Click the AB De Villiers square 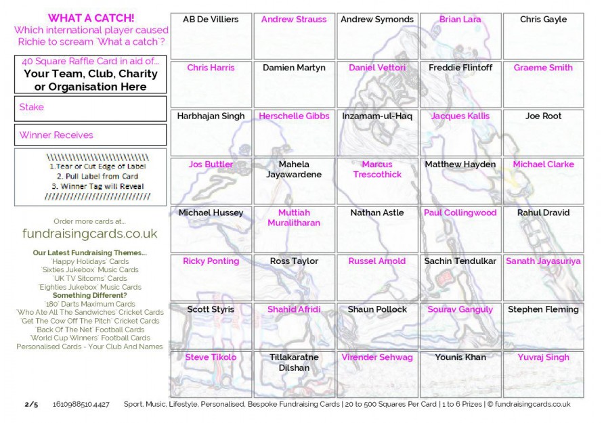tap(211, 36)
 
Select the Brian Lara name tap(460, 20)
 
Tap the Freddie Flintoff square tap(460, 84)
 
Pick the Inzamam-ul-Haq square tap(376, 133)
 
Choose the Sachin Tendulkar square tap(460, 277)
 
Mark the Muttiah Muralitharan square tap(294, 229)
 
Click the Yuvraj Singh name tap(543, 357)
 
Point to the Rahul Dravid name tap(543, 213)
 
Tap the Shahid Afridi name tap(294, 309)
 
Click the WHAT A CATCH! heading tap(91, 18)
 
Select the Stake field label tap(32, 107)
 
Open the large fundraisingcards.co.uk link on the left tap(90, 233)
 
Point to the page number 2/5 tap(31, 404)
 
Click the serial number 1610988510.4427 tap(81, 404)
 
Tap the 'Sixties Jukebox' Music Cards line tap(90, 270)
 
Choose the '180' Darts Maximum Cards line tap(90, 304)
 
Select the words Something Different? tap(90, 296)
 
